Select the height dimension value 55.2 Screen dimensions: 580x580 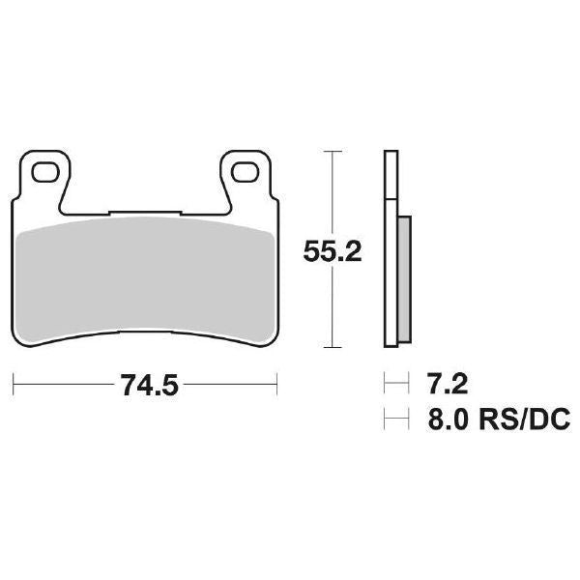[333, 252]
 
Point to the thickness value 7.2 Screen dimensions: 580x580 [446, 386]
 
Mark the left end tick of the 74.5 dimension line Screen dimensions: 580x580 [15, 386]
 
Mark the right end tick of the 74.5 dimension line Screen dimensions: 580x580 [278, 386]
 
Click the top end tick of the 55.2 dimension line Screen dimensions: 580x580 [333, 152]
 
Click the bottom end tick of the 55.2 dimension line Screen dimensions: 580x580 [333, 347]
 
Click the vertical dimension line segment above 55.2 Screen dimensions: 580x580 [333, 193]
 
